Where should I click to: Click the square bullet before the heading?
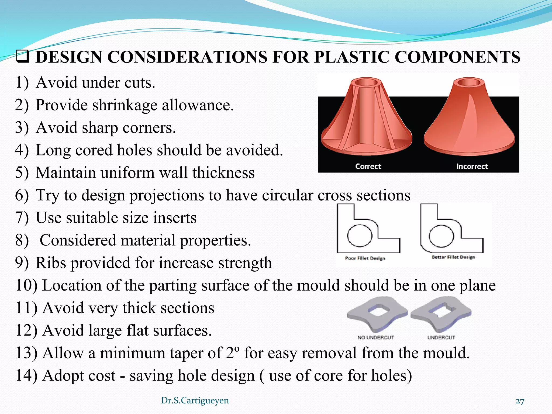23,57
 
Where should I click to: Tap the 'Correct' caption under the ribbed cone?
368,166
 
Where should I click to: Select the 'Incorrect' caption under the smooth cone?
472,166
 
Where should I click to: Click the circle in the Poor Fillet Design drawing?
360,236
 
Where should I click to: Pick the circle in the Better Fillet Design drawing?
441,236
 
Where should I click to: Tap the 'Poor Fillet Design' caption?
365,258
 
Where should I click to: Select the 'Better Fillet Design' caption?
453,257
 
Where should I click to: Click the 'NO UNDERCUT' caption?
376,337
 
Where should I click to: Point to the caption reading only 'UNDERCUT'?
441,337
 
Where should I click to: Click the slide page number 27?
520,401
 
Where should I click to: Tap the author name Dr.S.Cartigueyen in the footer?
195,401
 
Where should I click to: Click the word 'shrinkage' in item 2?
125,105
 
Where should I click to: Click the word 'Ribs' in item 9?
51,263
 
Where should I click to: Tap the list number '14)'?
26,375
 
